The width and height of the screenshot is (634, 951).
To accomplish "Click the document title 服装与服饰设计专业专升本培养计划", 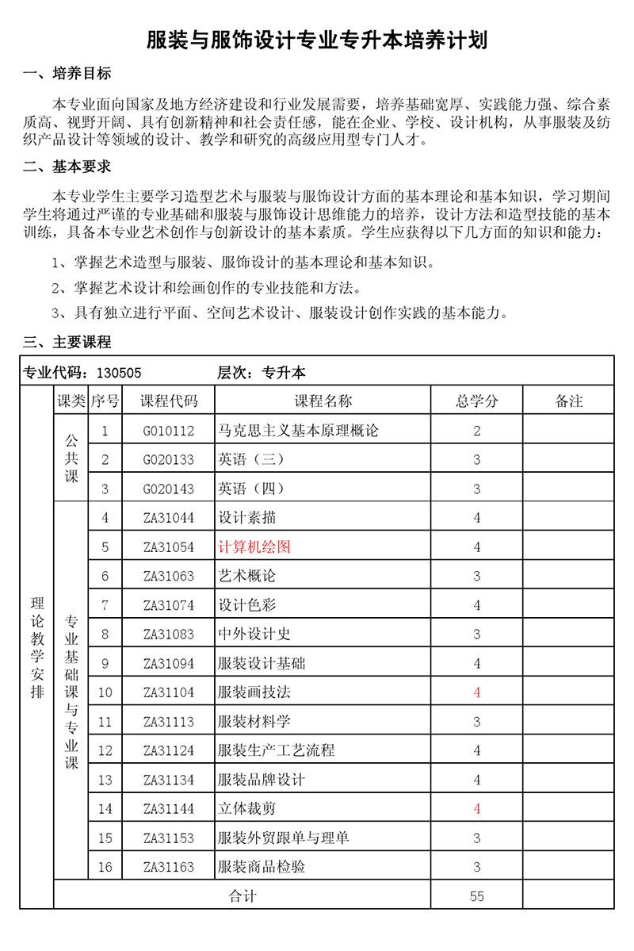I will pos(317,40).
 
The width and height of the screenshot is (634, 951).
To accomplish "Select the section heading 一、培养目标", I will pos(67,75).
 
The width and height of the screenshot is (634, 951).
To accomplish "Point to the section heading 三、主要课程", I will pos(67,343).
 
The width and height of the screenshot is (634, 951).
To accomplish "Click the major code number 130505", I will pos(119,372).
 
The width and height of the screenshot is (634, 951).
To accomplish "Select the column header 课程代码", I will pos(169,401).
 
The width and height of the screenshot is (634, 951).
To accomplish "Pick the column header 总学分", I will pos(477,401).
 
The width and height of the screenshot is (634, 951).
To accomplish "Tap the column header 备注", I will pos(569,401).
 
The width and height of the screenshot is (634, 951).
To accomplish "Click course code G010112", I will pos(169,431).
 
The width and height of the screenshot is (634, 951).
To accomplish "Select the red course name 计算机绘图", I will pos(255,547).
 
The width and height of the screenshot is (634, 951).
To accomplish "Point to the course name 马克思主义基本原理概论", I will pos(298,431).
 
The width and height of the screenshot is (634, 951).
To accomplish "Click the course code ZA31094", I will pos(169,663).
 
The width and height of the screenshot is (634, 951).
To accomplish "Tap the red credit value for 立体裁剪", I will pos(477,809).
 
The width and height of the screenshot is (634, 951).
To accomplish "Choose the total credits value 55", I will pos(477,896).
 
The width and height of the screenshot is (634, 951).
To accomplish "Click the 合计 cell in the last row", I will pos(243,896).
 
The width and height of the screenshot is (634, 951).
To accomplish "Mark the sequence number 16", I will pos(105,867).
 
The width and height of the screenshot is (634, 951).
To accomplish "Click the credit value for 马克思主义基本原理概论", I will pos(477,431).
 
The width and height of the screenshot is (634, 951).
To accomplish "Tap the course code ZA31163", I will pos(169,867).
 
